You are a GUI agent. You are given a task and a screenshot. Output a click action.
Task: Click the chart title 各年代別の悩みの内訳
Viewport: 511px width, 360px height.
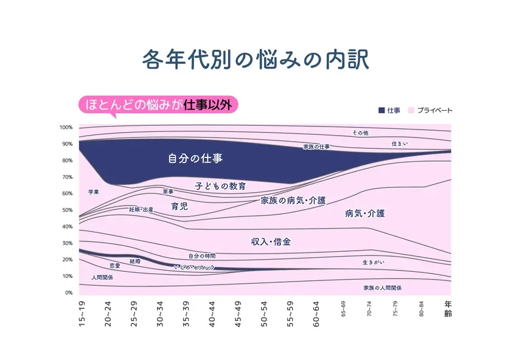pyautogui.click(x=255, y=61)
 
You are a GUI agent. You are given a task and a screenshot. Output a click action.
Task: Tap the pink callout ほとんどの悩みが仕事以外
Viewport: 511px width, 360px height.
pyautogui.click(x=159, y=104)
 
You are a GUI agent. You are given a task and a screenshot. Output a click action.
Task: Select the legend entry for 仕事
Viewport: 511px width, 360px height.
pyautogui.click(x=389, y=111)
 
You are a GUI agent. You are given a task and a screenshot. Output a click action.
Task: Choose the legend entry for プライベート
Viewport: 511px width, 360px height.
pyautogui.click(x=430, y=111)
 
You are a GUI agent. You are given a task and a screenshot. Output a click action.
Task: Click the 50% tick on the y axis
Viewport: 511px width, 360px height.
pyautogui.click(x=66, y=210)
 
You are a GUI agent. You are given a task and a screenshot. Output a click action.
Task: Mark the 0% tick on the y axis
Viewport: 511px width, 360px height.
pyautogui.click(x=68, y=292)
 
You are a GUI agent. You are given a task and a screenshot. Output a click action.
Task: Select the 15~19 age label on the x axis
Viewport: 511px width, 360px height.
pyautogui.click(x=82, y=314)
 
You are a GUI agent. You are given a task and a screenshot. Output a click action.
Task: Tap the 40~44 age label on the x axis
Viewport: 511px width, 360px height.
pyautogui.click(x=212, y=314)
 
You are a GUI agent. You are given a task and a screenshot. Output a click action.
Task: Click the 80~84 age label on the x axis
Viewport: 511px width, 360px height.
pyautogui.click(x=422, y=308)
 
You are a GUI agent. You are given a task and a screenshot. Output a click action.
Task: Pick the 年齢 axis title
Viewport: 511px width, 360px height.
pyautogui.click(x=448, y=309)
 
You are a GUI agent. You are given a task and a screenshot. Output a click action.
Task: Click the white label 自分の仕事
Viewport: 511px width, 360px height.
pyautogui.click(x=195, y=159)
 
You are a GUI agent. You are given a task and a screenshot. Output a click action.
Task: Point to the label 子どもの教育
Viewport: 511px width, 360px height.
pyautogui.click(x=220, y=185)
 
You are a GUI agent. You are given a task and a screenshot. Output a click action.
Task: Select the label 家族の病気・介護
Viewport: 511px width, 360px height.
pyautogui.click(x=293, y=200)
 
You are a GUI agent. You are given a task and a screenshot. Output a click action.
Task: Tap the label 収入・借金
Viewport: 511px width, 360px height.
pyautogui.click(x=271, y=241)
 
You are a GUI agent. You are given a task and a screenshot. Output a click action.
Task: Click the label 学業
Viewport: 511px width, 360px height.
pyautogui.click(x=93, y=192)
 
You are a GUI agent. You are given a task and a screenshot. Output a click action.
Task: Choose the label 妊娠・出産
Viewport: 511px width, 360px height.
pyautogui.click(x=141, y=209)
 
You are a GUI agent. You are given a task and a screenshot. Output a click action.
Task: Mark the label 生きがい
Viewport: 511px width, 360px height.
pyautogui.click(x=373, y=262)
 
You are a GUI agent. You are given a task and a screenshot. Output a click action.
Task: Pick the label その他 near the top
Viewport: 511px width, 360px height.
pyautogui.click(x=360, y=133)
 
